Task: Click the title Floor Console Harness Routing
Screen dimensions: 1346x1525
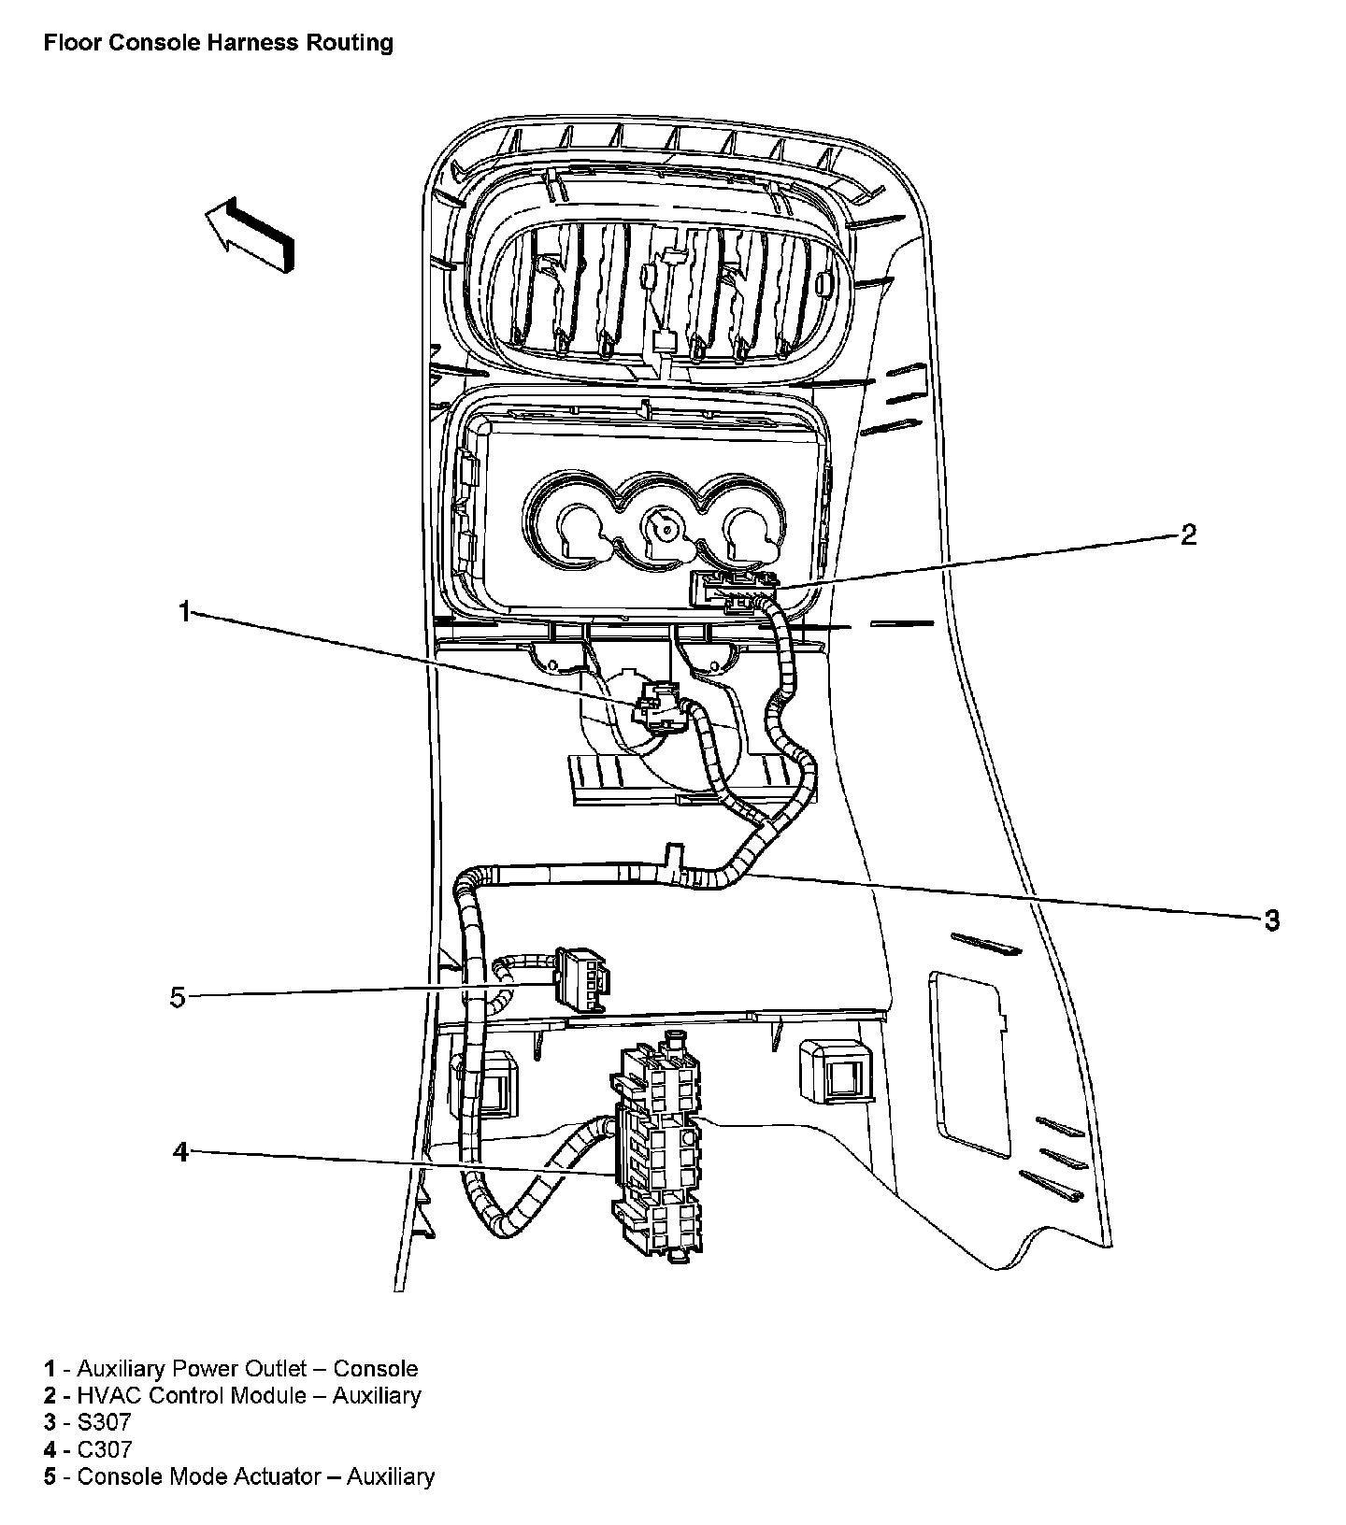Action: point(218,43)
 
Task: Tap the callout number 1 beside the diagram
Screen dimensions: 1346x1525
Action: point(184,611)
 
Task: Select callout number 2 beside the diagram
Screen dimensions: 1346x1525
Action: point(1188,534)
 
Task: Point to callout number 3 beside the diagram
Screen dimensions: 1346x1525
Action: point(1271,919)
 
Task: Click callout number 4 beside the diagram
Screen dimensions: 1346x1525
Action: point(180,1152)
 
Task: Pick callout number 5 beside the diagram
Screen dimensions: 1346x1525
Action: point(178,997)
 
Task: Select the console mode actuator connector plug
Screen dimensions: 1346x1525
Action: point(580,978)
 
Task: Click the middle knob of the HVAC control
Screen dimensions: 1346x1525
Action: point(665,528)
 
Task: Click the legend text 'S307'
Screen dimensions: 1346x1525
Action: point(104,1422)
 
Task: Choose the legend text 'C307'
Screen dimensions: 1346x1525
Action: point(105,1449)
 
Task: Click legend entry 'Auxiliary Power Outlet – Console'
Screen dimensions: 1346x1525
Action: point(247,1369)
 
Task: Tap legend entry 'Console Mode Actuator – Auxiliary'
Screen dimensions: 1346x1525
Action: point(255,1476)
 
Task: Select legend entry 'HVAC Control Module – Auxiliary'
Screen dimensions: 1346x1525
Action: point(249,1396)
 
